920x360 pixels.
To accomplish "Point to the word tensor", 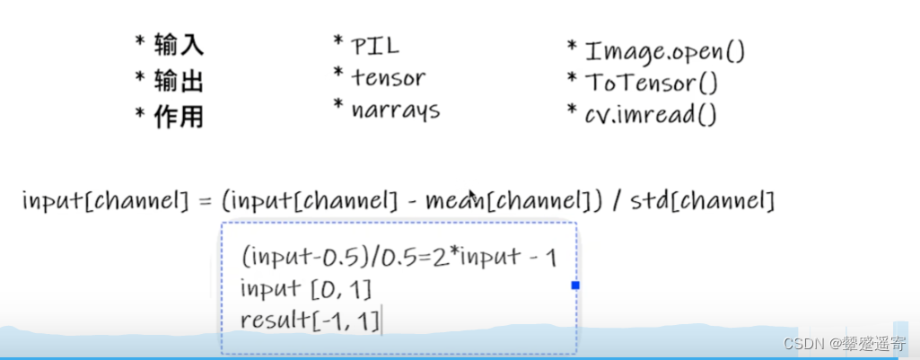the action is (388, 78).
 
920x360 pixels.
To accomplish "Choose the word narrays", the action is (395, 111).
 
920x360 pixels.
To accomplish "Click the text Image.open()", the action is (664, 51).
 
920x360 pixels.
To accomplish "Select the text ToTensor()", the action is (652, 83).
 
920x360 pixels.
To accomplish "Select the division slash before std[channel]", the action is (617, 201).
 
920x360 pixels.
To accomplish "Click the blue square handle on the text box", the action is (575, 285).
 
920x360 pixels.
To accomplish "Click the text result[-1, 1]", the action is (310, 320).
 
